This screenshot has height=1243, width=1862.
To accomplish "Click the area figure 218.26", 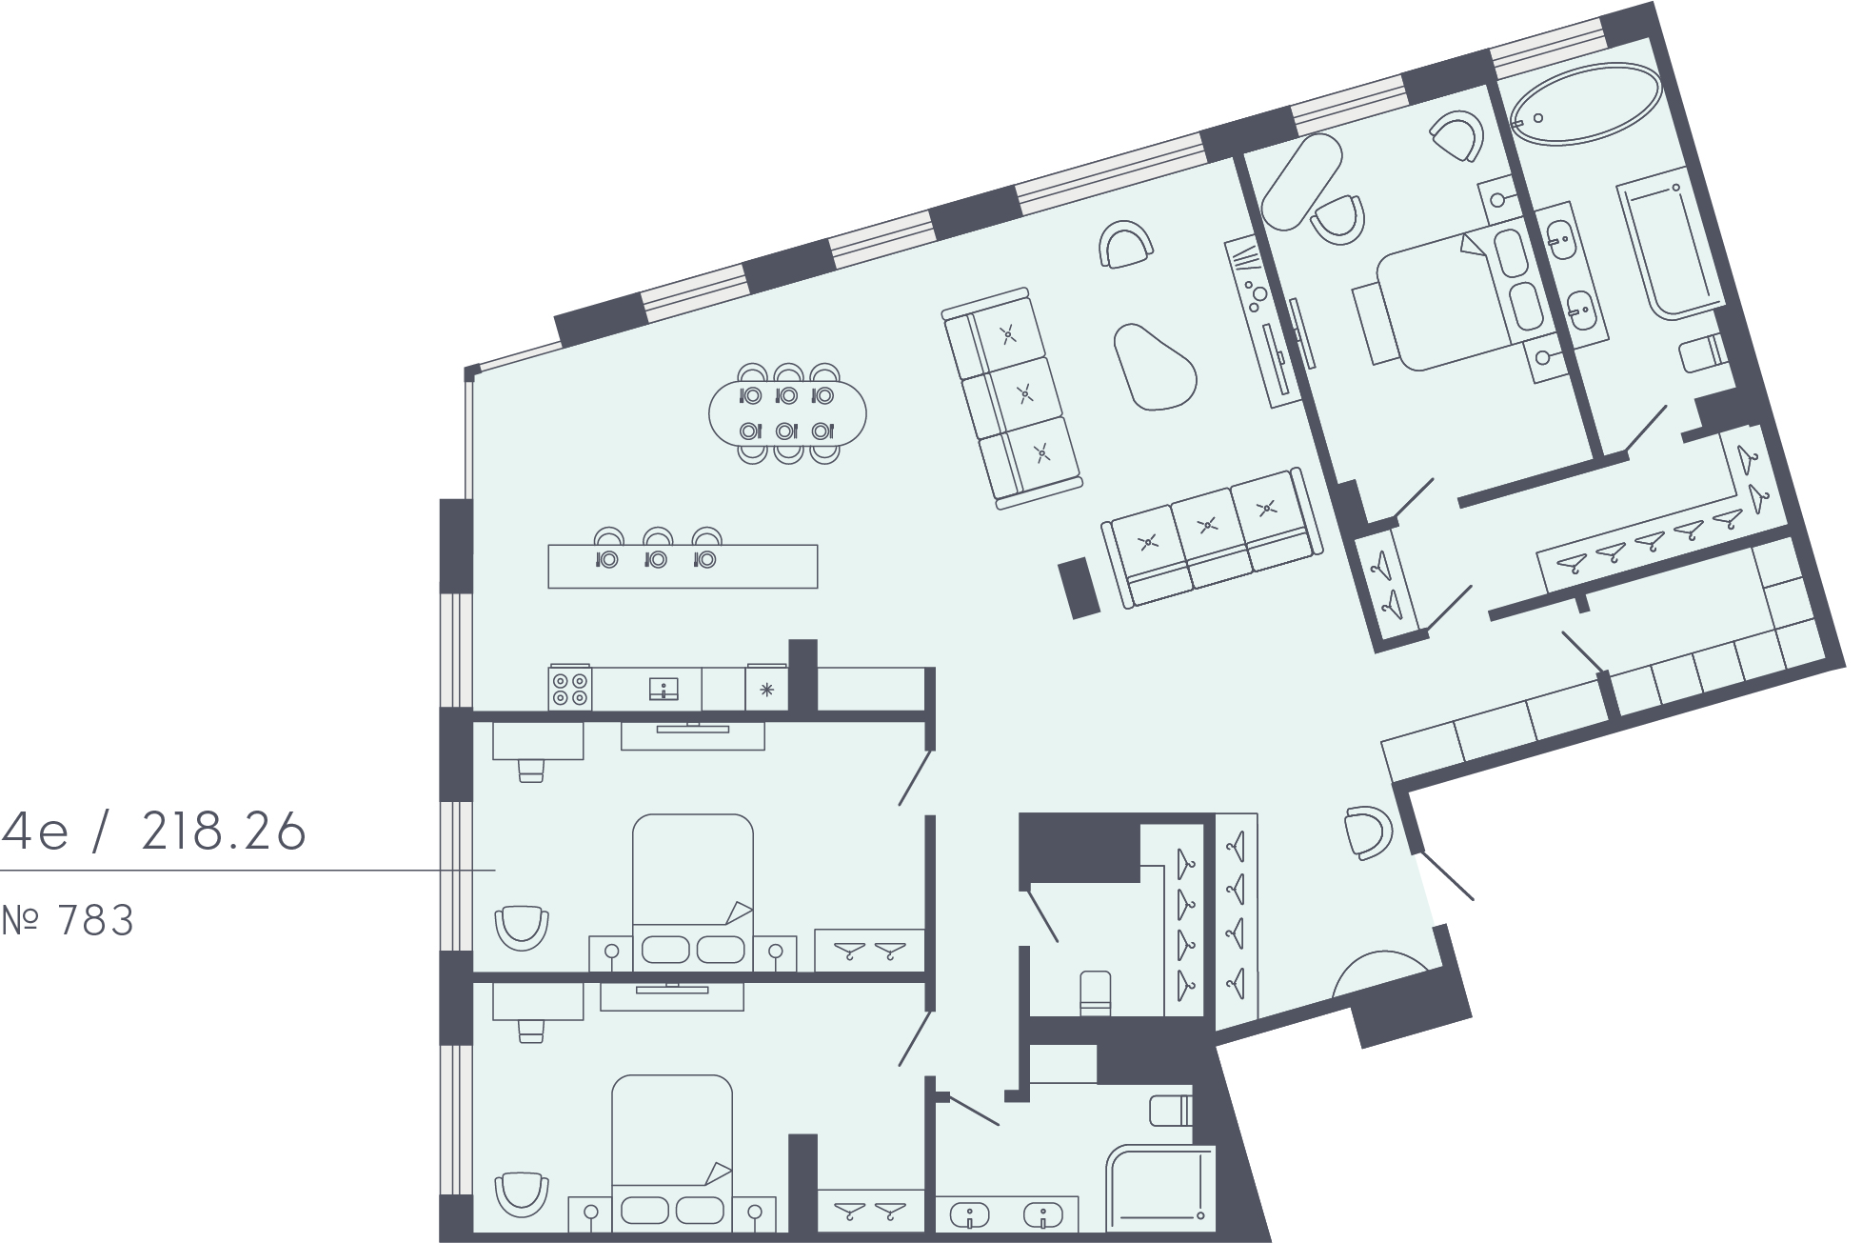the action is click(x=224, y=832).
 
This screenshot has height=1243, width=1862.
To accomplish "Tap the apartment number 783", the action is click(x=95, y=921).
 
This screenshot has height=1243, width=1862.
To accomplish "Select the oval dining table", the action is click(x=788, y=413).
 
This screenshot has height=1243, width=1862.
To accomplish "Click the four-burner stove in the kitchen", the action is click(x=569, y=689).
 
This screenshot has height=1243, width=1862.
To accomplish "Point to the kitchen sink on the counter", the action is click(x=664, y=689).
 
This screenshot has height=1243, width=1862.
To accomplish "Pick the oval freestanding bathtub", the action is click(x=1586, y=104).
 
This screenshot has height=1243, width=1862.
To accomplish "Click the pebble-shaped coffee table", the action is click(x=1154, y=366).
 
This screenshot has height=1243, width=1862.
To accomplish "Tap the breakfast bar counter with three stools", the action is click(x=683, y=566).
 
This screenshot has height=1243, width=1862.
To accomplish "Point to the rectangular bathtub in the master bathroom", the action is click(x=1670, y=242).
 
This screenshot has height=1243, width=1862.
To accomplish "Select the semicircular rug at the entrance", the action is click(x=1380, y=973).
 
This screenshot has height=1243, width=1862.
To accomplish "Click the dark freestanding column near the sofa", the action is click(x=1080, y=588).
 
